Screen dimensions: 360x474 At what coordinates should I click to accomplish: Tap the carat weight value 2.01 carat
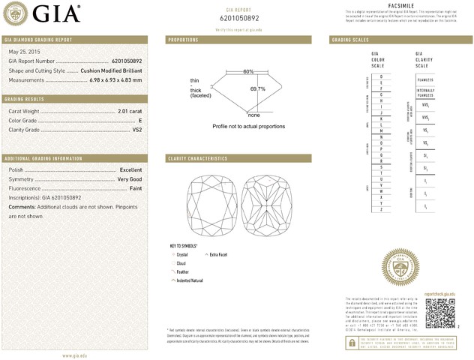[x=130, y=112]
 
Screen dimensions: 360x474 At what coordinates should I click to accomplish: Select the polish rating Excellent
[x=130, y=170]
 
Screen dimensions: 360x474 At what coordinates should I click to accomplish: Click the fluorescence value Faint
[x=135, y=189]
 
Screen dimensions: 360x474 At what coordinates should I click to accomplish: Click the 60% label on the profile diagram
[x=248, y=71]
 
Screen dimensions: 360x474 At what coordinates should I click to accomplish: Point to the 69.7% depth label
[x=257, y=88]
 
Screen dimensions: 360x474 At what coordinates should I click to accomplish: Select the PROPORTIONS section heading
[x=184, y=39]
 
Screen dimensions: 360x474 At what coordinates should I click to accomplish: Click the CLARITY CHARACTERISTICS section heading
[x=198, y=159]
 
